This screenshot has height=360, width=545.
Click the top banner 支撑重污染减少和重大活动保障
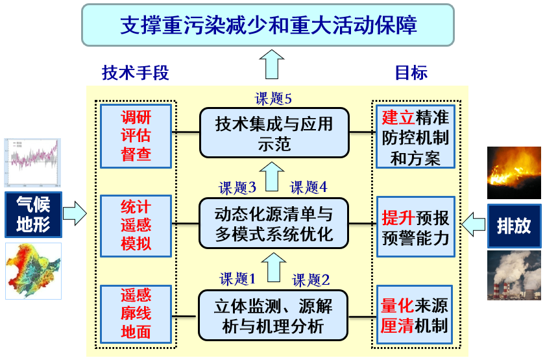(x=268, y=25)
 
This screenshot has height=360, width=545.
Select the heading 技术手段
(x=135, y=73)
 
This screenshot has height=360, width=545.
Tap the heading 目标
(x=411, y=73)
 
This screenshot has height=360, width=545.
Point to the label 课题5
(x=273, y=99)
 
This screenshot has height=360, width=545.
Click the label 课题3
(x=237, y=188)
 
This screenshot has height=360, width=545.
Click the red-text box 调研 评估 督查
(x=136, y=136)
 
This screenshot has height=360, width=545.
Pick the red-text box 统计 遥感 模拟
(x=136, y=226)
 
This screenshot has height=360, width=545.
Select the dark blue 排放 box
(x=514, y=226)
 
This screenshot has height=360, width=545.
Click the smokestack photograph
(x=514, y=275)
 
